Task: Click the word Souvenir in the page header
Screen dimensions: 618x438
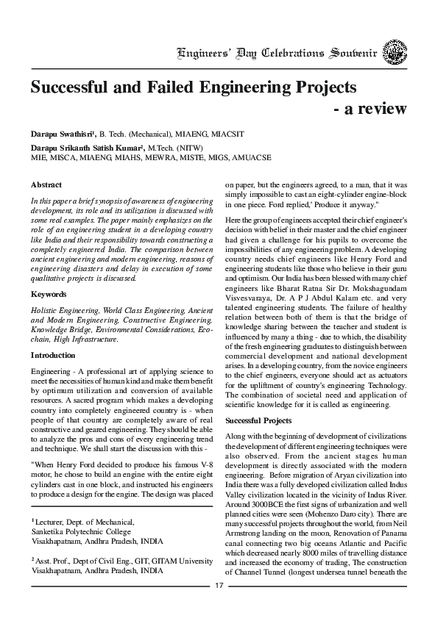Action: click(x=358, y=54)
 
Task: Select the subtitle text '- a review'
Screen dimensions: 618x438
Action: click(x=370, y=109)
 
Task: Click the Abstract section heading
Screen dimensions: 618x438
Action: click(x=46, y=185)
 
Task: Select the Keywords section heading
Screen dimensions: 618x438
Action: click(x=48, y=294)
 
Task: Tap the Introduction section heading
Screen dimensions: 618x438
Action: click(x=53, y=355)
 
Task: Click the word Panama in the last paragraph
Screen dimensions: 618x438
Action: click(x=386, y=528)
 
